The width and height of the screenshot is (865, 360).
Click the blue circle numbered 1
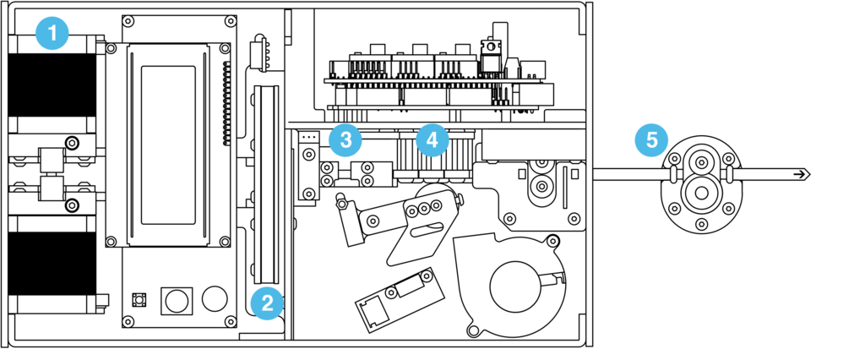(x=52, y=34)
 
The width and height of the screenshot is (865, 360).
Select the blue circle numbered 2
(x=267, y=303)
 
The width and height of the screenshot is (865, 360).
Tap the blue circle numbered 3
(x=345, y=139)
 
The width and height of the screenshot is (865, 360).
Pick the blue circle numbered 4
(x=432, y=139)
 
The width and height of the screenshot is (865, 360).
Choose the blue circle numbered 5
(x=651, y=139)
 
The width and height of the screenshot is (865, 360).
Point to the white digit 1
(x=52, y=34)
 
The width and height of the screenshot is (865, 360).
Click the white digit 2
(x=267, y=303)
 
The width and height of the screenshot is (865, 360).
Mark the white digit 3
(x=345, y=139)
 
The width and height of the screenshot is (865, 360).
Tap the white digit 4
(x=432, y=139)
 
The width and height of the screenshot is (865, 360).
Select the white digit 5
(x=651, y=139)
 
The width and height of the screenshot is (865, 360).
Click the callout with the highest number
(x=651, y=139)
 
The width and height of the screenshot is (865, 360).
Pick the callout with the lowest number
(x=52, y=34)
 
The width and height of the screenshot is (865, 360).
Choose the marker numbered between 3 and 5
(x=432, y=139)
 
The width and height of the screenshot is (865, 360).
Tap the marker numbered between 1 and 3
(x=267, y=303)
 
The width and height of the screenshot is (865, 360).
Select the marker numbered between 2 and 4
(x=345, y=139)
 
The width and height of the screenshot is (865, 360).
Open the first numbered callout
(x=52, y=34)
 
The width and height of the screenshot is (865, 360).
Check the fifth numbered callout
(x=651, y=139)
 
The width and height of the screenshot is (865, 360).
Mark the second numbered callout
(x=267, y=303)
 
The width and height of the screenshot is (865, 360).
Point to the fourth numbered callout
(x=432, y=139)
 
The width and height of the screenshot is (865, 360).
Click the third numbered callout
(x=345, y=139)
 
